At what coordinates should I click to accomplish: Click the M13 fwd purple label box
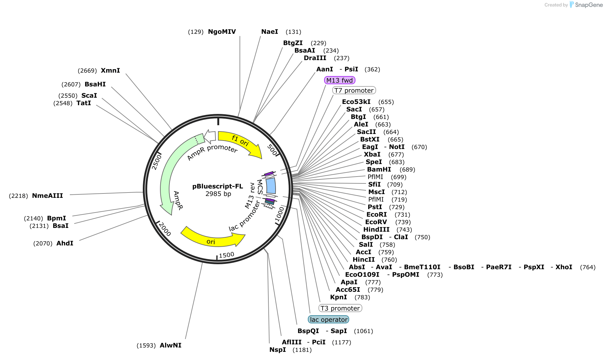click(339, 80)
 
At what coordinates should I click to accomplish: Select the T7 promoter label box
click(354, 90)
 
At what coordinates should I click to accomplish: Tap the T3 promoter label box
click(340, 308)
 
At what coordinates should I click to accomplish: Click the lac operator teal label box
click(328, 320)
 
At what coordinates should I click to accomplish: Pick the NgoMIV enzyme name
click(222, 32)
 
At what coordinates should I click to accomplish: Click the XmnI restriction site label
click(110, 70)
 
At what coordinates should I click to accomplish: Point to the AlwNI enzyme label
click(170, 345)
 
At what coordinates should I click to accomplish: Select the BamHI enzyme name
click(379, 169)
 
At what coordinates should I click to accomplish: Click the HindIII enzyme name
click(376, 229)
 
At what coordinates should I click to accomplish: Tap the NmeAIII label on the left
click(47, 196)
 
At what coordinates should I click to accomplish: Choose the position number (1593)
click(146, 346)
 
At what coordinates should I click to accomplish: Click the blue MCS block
click(271, 186)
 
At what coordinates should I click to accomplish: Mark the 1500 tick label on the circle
click(226, 255)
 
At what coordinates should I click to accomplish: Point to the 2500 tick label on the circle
click(157, 162)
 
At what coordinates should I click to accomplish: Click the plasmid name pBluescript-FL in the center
click(218, 186)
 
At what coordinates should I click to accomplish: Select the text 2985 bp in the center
click(218, 194)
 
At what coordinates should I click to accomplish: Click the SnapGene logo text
click(588, 5)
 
